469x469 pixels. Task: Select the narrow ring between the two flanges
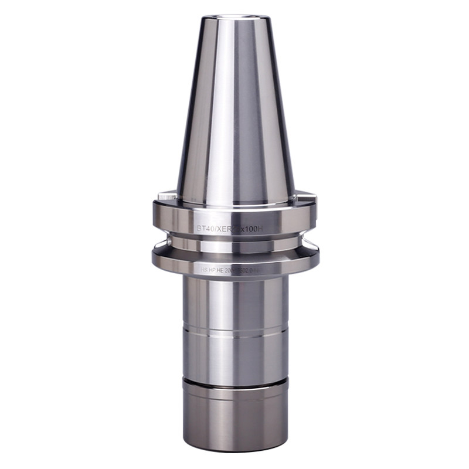[x=235, y=242]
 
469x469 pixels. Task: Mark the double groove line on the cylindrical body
[x=235, y=332]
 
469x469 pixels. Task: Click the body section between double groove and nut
[x=235, y=356]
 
